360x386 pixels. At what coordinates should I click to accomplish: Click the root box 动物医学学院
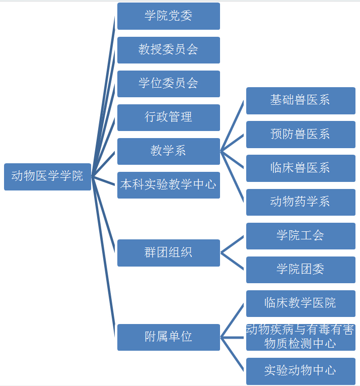pos(47,176)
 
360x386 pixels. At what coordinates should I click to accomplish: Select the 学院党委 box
pos(168,16)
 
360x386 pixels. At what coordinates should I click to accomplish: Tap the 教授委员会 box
pos(168,50)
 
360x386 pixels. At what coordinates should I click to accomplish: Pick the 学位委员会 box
pos(168,84)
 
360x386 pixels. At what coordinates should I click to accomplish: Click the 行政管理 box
pos(168,117)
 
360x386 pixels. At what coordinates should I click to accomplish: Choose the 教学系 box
pos(168,151)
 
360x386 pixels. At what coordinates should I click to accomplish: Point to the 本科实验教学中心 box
pos(168,185)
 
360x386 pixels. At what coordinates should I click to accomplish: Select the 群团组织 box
pos(168,252)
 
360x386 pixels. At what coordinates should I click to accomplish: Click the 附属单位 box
pos(168,337)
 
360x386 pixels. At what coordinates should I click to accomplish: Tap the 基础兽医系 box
pos(301,100)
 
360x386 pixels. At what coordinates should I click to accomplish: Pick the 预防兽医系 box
pos(301,135)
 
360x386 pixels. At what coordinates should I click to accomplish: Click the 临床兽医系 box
pos(301,168)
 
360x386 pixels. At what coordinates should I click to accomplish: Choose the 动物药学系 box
pos(301,202)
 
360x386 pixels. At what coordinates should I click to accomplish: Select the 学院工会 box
pos(301,236)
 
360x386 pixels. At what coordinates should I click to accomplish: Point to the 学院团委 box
pos(301,270)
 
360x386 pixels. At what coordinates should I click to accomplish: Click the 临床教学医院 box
pos(301,303)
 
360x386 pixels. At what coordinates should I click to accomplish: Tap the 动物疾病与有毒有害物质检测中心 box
pos(301,337)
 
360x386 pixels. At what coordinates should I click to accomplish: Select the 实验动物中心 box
pos(301,371)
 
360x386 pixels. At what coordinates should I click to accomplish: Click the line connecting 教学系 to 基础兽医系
pos(233,125)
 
